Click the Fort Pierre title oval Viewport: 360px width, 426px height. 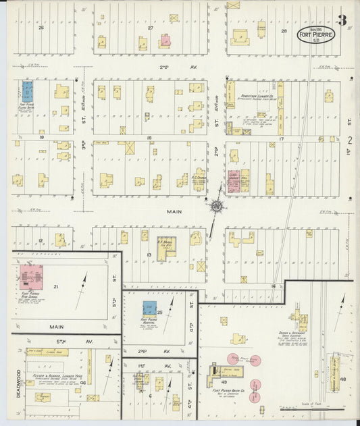click(x=316, y=33)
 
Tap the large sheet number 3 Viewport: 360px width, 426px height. click(x=342, y=20)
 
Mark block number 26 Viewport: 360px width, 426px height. click(x=41, y=28)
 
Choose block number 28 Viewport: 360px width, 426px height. click(x=284, y=32)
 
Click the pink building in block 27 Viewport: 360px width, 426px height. click(x=165, y=41)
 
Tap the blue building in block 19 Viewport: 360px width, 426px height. click(x=28, y=90)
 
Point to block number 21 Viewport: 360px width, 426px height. click(x=56, y=287)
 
